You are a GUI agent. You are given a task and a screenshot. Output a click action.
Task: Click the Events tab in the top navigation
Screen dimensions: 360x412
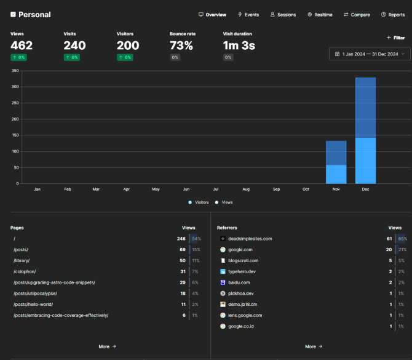248,15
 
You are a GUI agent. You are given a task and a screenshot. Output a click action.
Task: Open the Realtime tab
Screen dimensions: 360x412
320,15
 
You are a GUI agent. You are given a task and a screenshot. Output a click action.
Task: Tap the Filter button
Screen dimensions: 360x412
395,38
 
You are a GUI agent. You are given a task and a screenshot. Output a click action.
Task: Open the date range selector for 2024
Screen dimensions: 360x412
370,54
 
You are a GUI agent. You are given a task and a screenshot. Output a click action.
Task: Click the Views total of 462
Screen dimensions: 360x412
22,46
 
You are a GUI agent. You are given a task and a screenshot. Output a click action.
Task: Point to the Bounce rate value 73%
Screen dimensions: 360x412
181,46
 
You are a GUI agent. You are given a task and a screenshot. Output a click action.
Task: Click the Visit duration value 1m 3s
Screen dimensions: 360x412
239,46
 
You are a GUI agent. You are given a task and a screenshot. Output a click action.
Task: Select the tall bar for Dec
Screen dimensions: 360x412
365,130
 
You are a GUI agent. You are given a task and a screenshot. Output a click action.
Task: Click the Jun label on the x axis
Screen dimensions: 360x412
186,189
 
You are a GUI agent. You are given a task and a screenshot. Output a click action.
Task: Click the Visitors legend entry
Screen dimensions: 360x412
199,202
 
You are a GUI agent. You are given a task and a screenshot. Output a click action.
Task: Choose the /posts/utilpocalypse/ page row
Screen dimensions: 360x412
35,294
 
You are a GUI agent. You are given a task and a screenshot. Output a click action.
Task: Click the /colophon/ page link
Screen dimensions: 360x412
25,271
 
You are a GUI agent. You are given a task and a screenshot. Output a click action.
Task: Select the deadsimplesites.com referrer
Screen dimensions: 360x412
250,238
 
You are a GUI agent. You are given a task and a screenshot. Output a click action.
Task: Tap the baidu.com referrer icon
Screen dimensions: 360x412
223,282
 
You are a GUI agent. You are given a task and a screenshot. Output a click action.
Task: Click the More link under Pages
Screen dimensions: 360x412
107,346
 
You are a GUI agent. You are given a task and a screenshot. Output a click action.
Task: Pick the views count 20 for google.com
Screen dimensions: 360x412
389,249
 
